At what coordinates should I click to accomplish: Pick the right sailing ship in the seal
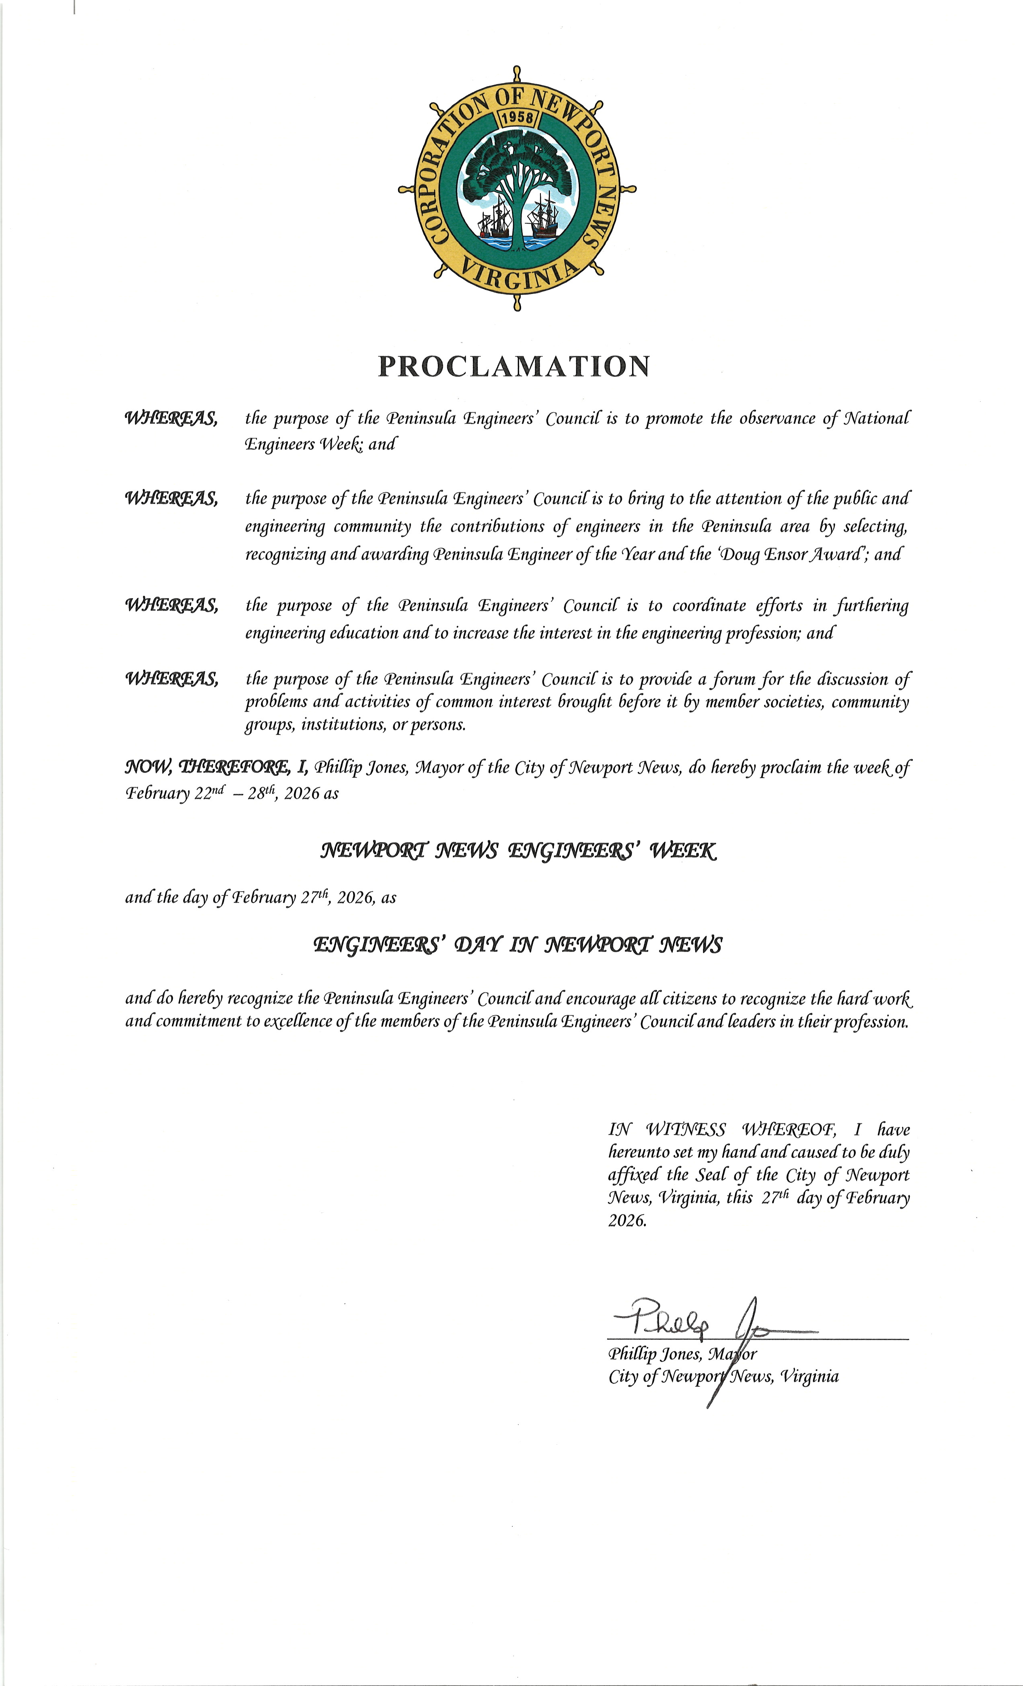coord(544,216)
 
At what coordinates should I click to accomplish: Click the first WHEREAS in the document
coord(171,418)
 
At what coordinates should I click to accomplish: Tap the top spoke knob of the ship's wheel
coord(517,72)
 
